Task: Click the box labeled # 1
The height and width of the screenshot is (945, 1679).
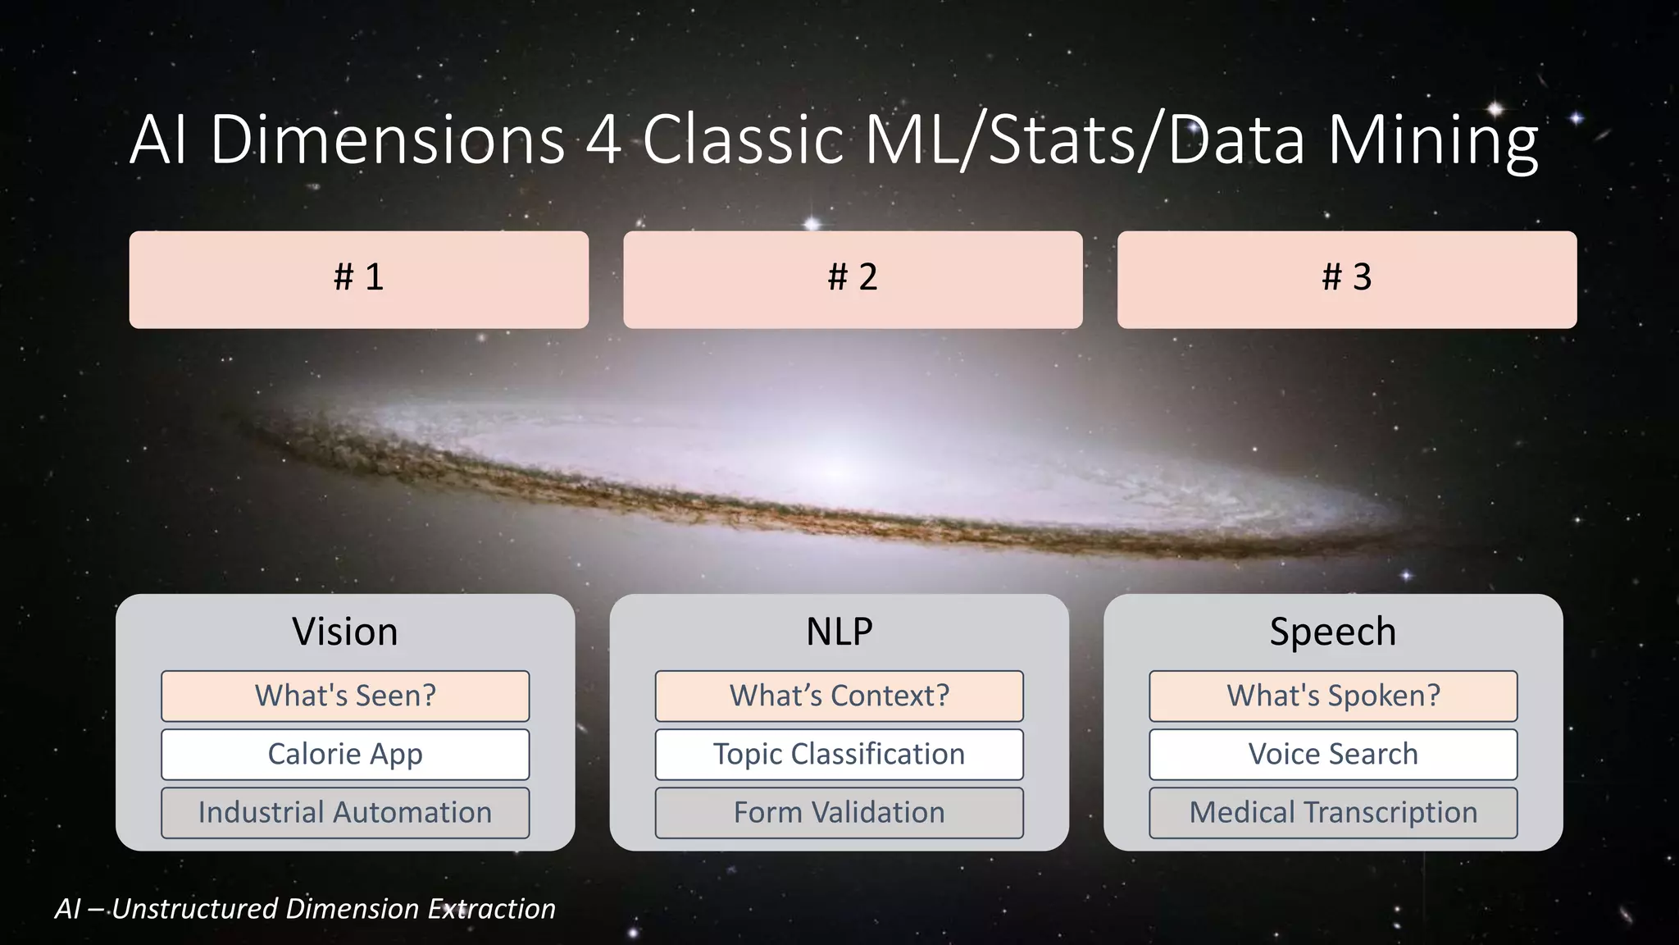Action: pyautogui.click(x=358, y=279)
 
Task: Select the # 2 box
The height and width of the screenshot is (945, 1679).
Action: pyautogui.click(x=853, y=279)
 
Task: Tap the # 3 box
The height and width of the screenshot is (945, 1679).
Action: pyautogui.click(x=1346, y=279)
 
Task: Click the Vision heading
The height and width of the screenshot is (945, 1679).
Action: pyautogui.click(x=345, y=632)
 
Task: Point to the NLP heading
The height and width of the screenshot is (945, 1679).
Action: pyautogui.click(x=839, y=632)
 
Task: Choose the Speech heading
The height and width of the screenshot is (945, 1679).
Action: pyautogui.click(x=1332, y=632)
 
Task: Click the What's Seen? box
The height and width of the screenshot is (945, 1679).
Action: pyautogui.click(x=345, y=696)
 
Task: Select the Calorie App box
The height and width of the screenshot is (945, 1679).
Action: pyautogui.click(x=345, y=754)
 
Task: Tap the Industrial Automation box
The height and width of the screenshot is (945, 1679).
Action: pyautogui.click(x=345, y=812)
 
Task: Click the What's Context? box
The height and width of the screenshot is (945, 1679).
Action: pyautogui.click(x=839, y=696)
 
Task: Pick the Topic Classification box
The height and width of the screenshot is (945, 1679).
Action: pyautogui.click(x=839, y=754)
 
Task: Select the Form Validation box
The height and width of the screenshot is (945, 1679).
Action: pyautogui.click(x=839, y=812)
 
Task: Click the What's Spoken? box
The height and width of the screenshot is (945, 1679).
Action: pyautogui.click(x=1332, y=696)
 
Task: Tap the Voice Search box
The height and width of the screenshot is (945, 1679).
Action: pyautogui.click(x=1332, y=754)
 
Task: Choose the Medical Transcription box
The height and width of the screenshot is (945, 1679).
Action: pyautogui.click(x=1332, y=812)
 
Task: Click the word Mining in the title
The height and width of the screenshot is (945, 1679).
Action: pyautogui.click(x=1432, y=141)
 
